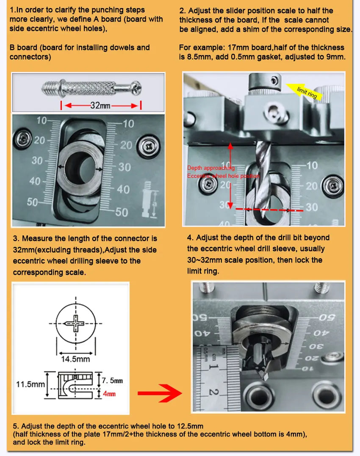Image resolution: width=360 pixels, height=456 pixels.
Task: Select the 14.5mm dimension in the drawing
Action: coord(75,359)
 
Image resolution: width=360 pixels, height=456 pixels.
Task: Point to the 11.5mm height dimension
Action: coord(30,384)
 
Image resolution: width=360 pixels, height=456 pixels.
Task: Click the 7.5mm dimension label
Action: coord(112,381)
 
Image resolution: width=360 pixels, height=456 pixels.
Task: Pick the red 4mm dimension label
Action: coord(109,394)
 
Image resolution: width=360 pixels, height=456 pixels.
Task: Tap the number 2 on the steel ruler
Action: coord(213,393)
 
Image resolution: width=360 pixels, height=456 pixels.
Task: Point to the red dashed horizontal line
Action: coord(269,210)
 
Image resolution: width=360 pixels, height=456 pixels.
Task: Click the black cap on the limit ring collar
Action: coord(276,80)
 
